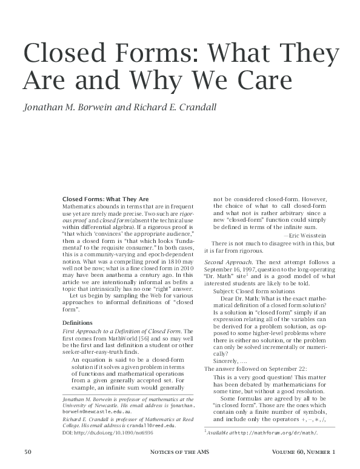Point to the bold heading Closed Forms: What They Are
coord(105,199)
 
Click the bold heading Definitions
coord(77,324)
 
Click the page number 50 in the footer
coord(28,452)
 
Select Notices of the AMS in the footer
coord(180,452)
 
